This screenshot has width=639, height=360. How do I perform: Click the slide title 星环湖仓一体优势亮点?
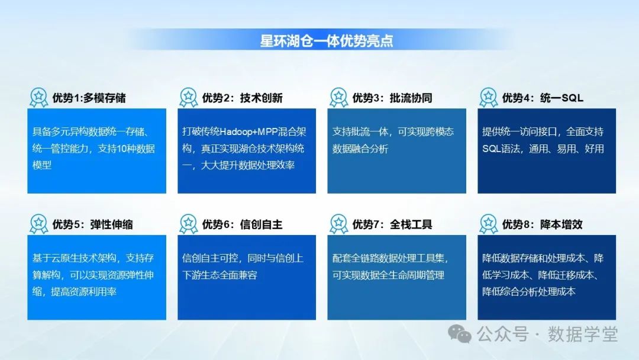point(327,41)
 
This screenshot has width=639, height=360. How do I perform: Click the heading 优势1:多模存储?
point(89,98)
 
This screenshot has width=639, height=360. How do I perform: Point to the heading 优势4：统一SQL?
point(543,98)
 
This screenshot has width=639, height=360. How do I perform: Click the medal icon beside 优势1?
point(38,97)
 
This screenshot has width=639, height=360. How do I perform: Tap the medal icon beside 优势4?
point(488,97)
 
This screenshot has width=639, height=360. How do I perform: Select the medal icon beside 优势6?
point(188,224)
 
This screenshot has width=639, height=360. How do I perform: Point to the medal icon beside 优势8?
point(488,224)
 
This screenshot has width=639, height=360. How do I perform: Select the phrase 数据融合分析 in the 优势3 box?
point(360,149)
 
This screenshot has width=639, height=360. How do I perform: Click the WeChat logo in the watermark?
point(460,335)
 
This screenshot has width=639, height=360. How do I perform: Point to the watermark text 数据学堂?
point(582,335)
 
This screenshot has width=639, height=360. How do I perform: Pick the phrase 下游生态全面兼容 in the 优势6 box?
point(220,275)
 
